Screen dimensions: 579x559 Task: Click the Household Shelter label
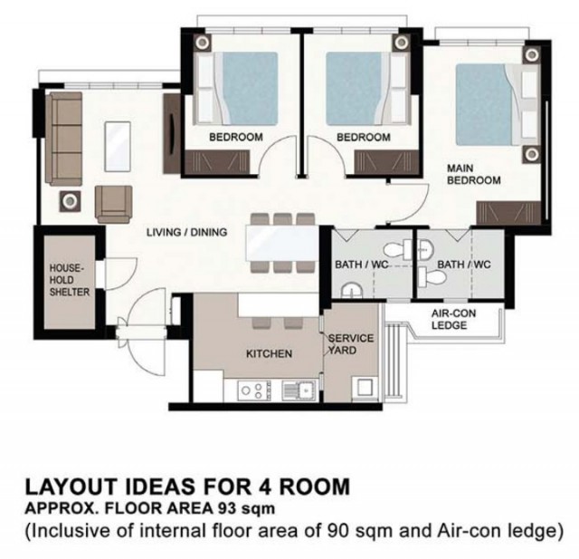(70, 280)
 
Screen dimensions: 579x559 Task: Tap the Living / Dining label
(187, 232)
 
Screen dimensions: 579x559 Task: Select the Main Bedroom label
(474, 174)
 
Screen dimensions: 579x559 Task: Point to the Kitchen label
(269, 354)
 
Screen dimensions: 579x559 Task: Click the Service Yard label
(351, 344)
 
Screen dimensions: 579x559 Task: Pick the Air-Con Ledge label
(454, 320)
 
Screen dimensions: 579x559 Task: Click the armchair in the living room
(114, 204)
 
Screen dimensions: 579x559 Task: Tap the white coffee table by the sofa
(118, 147)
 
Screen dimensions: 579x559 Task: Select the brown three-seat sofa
(63, 139)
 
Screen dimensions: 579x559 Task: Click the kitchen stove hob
(254, 390)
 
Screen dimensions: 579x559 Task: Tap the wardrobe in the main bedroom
(508, 213)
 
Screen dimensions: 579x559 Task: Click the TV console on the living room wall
(171, 133)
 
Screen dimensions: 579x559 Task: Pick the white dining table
(281, 243)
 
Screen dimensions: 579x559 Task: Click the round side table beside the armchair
(70, 201)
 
